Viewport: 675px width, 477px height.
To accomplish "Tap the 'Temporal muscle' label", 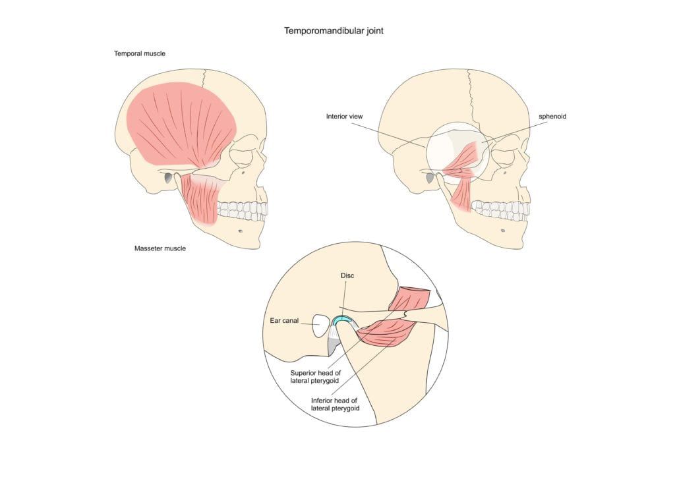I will pyautogui.click(x=139, y=53).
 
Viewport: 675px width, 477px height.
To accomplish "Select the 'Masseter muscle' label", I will pyautogui.click(x=160, y=248).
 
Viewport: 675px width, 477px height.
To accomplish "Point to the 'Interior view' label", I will pyautogui.click(x=344, y=117).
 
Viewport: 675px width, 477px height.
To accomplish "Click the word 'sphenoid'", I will pyautogui.click(x=552, y=117).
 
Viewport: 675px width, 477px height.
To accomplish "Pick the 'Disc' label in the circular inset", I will pyautogui.click(x=347, y=275).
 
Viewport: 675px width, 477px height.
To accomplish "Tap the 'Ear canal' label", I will pyautogui.click(x=284, y=321).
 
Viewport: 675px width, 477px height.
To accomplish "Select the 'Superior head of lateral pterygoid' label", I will pyautogui.click(x=316, y=376).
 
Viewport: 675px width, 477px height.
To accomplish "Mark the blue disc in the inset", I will pyautogui.click(x=343, y=320).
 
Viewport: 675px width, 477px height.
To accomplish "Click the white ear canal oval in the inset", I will pyautogui.click(x=321, y=325).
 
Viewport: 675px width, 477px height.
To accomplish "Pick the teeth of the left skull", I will pyautogui.click(x=243, y=210).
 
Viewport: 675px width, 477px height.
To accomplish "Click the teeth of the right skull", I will pyautogui.click(x=500, y=210).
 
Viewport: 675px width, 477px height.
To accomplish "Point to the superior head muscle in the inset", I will pyautogui.click(x=411, y=299).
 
